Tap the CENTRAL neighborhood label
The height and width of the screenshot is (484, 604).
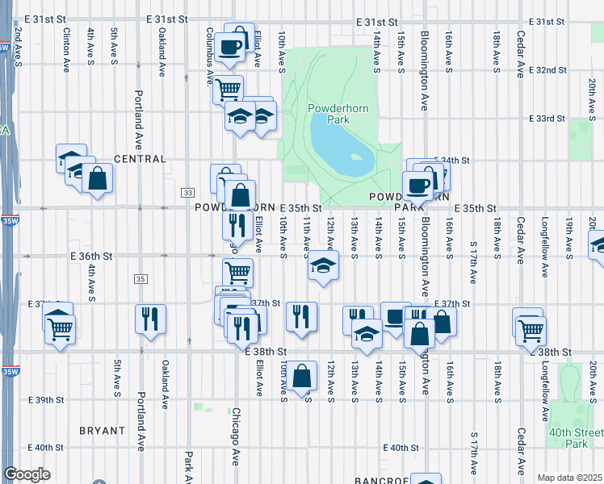(x=140, y=160)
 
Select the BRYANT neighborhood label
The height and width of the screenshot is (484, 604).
(x=103, y=431)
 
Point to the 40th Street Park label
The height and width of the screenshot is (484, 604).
(x=576, y=439)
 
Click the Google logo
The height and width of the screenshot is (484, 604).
(x=27, y=474)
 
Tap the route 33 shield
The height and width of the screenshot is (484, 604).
(x=188, y=192)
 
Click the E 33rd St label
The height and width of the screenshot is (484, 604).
(x=547, y=119)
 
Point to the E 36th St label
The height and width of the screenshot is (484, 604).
(x=88, y=256)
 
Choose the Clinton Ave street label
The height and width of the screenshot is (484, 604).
(x=65, y=48)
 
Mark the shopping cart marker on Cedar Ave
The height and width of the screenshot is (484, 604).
(x=531, y=328)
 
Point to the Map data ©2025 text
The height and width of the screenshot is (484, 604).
(x=570, y=478)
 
